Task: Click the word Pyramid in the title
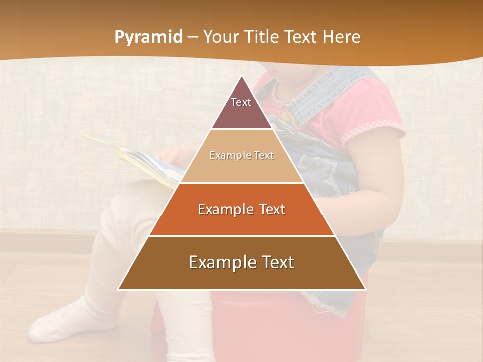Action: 148,37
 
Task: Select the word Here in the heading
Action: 342,37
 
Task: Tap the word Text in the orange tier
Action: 267,209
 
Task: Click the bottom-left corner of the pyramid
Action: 118,290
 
